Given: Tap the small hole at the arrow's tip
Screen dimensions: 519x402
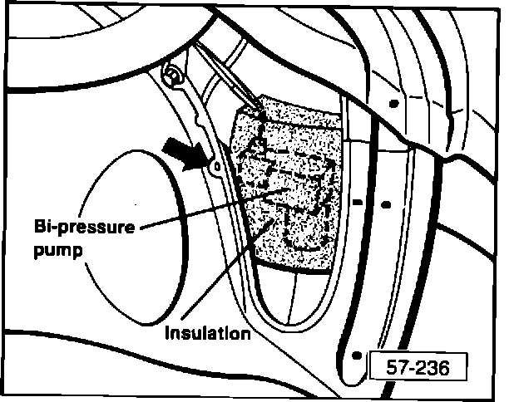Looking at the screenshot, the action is pyautogui.click(x=215, y=167).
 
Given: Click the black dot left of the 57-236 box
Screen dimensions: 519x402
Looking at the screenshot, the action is pyautogui.click(x=357, y=355).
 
